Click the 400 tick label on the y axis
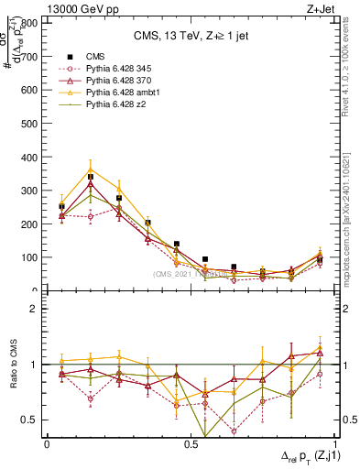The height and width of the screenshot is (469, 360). pyautogui.click(x=30, y=158)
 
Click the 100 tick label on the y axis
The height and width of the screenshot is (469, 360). pyautogui.click(x=30, y=257)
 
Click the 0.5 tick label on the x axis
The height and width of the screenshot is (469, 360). pyautogui.click(x=190, y=444)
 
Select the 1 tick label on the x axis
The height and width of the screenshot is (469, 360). pyautogui.click(x=333, y=444)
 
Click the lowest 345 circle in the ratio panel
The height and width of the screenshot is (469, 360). pyautogui.click(x=234, y=431)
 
